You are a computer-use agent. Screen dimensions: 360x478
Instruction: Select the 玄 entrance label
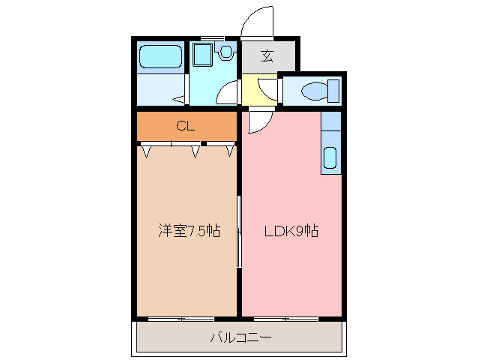click(267, 55)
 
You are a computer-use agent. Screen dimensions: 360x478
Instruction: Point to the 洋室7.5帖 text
click(188, 231)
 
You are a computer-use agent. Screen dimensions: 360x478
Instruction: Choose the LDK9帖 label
click(291, 231)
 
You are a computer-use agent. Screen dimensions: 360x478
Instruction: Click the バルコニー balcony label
click(240, 337)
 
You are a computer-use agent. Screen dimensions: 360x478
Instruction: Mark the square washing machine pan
click(202, 55)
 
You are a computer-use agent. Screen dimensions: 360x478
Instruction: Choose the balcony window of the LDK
click(285, 319)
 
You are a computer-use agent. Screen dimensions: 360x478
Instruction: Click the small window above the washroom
click(214, 37)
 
